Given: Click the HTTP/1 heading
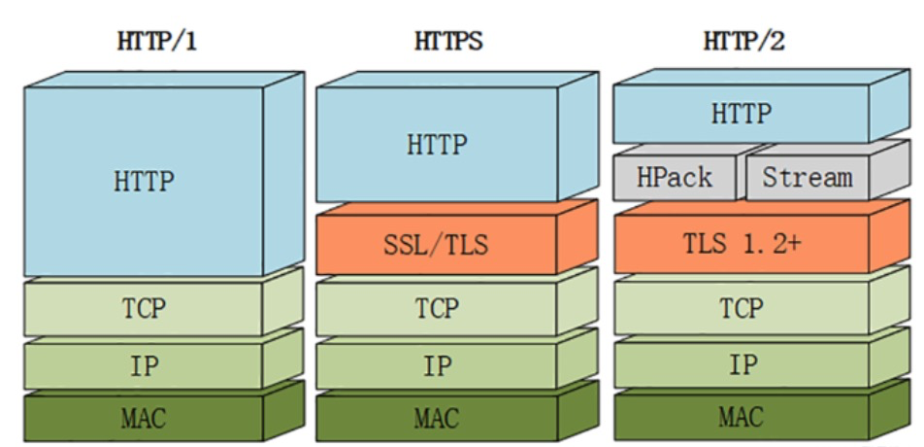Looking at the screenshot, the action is (x=156, y=43).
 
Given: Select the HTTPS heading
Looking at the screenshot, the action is (x=448, y=42).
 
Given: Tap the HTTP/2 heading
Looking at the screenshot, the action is (x=743, y=42).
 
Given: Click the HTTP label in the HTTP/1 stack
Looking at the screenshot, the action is (x=144, y=182).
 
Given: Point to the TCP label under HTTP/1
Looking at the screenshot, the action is (x=144, y=307).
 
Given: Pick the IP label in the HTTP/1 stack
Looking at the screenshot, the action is (x=145, y=365).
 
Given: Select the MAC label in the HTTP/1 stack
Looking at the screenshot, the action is (x=144, y=418).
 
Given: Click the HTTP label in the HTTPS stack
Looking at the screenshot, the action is (x=437, y=144).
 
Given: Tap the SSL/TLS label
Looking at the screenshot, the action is (x=436, y=245).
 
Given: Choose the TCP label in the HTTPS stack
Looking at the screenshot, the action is (x=437, y=307).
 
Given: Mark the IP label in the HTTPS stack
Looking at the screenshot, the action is (x=437, y=365).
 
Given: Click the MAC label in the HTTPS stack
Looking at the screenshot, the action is (x=437, y=418).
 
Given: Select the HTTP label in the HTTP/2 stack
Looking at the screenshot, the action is (x=741, y=113).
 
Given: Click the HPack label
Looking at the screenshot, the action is (x=675, y=177).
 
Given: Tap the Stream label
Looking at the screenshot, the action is (x=808, y=177).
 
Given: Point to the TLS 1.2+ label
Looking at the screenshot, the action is (x=741, y=243).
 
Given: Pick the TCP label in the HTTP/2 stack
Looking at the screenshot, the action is (x=741, y=307).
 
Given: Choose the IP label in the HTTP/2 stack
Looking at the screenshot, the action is (x=742, y=365).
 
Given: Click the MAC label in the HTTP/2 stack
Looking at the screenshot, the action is (x=741, y=416).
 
